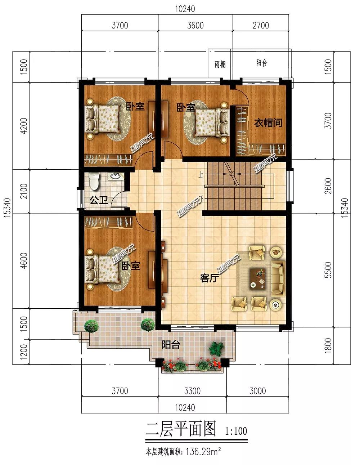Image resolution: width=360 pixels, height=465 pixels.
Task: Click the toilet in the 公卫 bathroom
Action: pyautogui.click(x=94, y=182)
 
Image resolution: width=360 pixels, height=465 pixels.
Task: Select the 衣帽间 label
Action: pyautogui.click(x=268, y=122)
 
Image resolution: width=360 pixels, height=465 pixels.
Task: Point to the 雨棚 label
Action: pyautogui.click(x=220, y=64)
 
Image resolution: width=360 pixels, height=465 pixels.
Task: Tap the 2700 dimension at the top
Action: pyautogui.click(x=261, y=26)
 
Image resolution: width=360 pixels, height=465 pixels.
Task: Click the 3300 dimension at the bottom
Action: pyautogui.click(x=192, y=391)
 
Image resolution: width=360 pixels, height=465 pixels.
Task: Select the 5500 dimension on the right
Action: pyautogui.click(x=328, y=270)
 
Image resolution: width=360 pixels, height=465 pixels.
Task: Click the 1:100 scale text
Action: pyautogui.click(x=236, y=431)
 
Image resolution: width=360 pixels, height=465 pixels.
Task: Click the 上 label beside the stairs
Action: pyautogui.click(x=201, y=174)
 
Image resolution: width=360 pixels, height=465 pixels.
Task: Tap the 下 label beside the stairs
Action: pyautogui.click(x=201, y=198)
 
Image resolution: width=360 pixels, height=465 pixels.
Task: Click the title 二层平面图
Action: pyautogui.click(x=181, y=428)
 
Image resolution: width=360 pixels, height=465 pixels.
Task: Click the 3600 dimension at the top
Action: pyautogui.click(x=195, y=26)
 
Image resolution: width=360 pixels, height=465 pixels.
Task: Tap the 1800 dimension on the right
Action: pyautogui.click(x=328, y=345)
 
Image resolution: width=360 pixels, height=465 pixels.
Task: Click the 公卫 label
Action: pyautogui.click(x=99, y=200)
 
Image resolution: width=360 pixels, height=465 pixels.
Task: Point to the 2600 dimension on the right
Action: pyautogui.click(x=328, y=186)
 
